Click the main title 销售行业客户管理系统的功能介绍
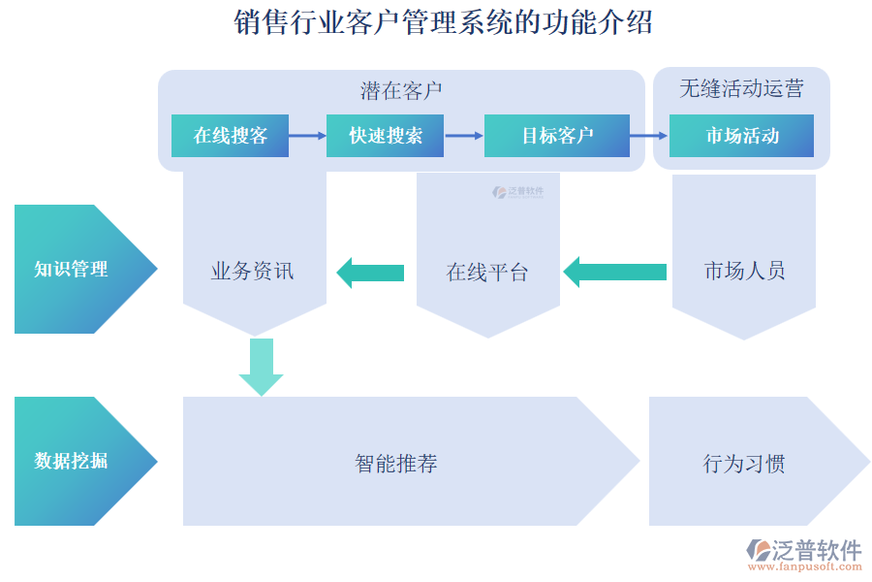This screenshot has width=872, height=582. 443,22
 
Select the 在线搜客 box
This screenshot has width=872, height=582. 230,136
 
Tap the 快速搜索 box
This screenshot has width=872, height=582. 386,136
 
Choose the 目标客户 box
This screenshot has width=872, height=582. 556,136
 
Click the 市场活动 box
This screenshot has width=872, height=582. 741,136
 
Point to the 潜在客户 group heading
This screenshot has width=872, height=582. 401,91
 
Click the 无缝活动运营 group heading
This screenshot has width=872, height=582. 741,89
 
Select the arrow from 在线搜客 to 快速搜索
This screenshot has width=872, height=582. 307,136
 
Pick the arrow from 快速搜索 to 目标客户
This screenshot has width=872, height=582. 464,136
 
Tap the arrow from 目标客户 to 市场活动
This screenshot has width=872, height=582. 649,136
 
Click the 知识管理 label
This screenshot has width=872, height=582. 71,270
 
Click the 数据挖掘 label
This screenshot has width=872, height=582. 71,461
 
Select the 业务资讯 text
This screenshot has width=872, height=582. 253,272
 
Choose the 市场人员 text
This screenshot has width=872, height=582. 744,272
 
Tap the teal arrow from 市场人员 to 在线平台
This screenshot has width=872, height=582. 614,272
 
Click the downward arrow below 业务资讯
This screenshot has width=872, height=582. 261,366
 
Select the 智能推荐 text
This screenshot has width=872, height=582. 396,464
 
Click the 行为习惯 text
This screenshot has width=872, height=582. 744,464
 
